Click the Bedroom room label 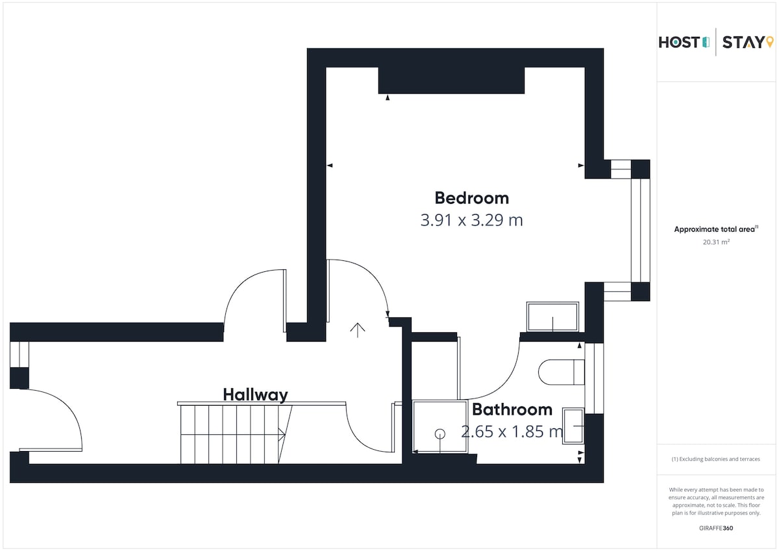[x=471, y=198]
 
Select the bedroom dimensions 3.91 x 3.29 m [x=471, y=220]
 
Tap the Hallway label [x=255, y=395]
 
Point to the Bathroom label [x=512, y=410]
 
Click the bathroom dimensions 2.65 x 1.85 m [x=512, y=432]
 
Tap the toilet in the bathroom [x=562, y=372]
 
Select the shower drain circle [x=440, y=434]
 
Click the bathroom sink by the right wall [x=573, y=426]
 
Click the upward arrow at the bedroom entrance [x=358, y=330]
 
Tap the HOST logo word [x=679, y=42]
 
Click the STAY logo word [x=743, y=42]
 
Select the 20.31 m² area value [x=716, y=242]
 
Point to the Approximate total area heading [x=716, y=229]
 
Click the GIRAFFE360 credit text [x=716, y=528]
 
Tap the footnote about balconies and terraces [x=715, y=459]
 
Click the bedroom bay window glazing [x=640, y=230]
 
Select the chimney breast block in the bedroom [x=451, y=80]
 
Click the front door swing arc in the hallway [x=66, y=407]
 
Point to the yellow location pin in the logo [x=770, y=42]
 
